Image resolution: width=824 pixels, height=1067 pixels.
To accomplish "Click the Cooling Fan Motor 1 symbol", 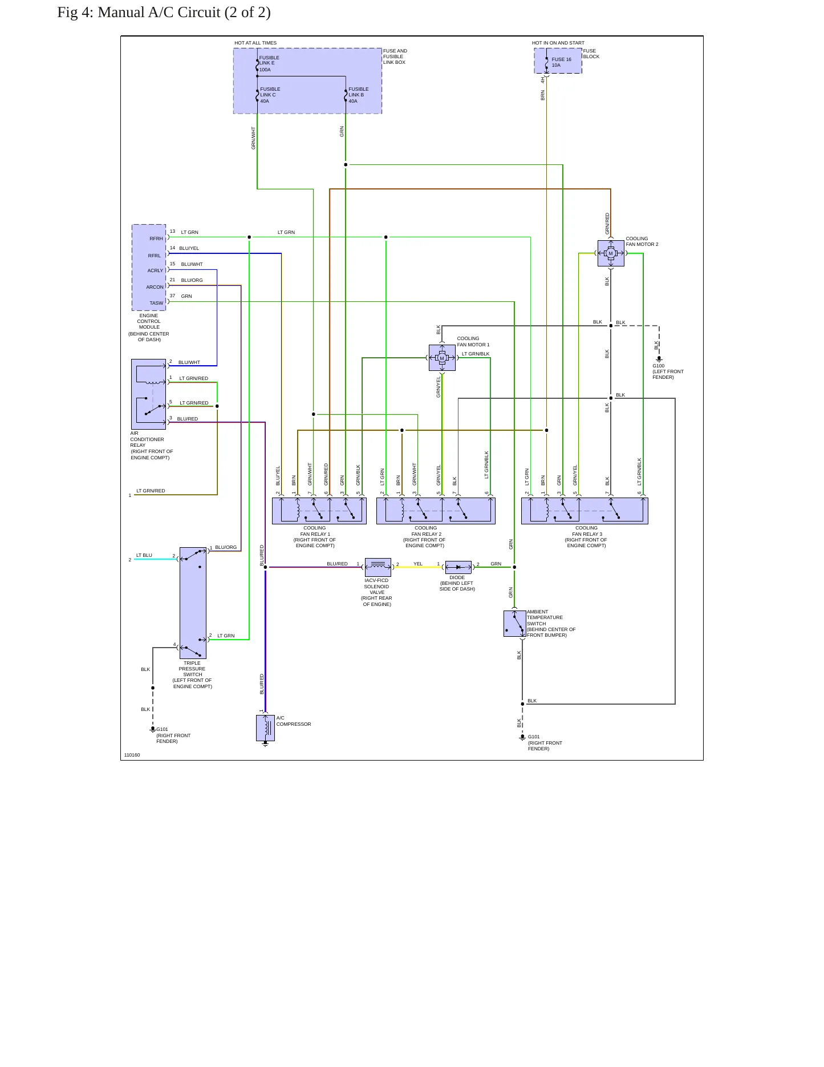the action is tap(442, 358).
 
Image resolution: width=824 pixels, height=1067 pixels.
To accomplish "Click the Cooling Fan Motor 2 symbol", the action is tap(611, 253).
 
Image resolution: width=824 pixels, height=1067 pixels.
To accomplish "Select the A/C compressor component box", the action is tap(265, 728).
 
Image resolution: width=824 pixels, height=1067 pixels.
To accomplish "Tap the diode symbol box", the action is tap(458, 567).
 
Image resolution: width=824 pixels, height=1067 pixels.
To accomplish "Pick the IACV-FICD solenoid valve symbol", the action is tap(378, 567).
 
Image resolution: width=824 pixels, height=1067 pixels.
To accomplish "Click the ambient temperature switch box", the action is tap(515, 624).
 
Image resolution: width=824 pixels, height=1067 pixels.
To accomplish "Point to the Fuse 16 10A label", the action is tap(561, 62).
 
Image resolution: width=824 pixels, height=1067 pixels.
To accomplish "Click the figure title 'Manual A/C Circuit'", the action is tap(184, 13).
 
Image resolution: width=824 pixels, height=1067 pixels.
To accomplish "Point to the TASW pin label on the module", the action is tap(156, 303).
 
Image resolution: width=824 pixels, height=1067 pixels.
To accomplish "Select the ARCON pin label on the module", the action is tap(155, 287).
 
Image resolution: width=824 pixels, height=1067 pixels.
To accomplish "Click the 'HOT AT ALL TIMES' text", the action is tap(255, 43).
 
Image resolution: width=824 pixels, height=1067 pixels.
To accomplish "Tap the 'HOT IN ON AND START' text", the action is tap(558, 43).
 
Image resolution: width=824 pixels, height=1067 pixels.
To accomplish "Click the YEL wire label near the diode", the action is tap(418, 564).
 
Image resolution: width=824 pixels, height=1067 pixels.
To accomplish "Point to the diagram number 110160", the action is tap(132, 755).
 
